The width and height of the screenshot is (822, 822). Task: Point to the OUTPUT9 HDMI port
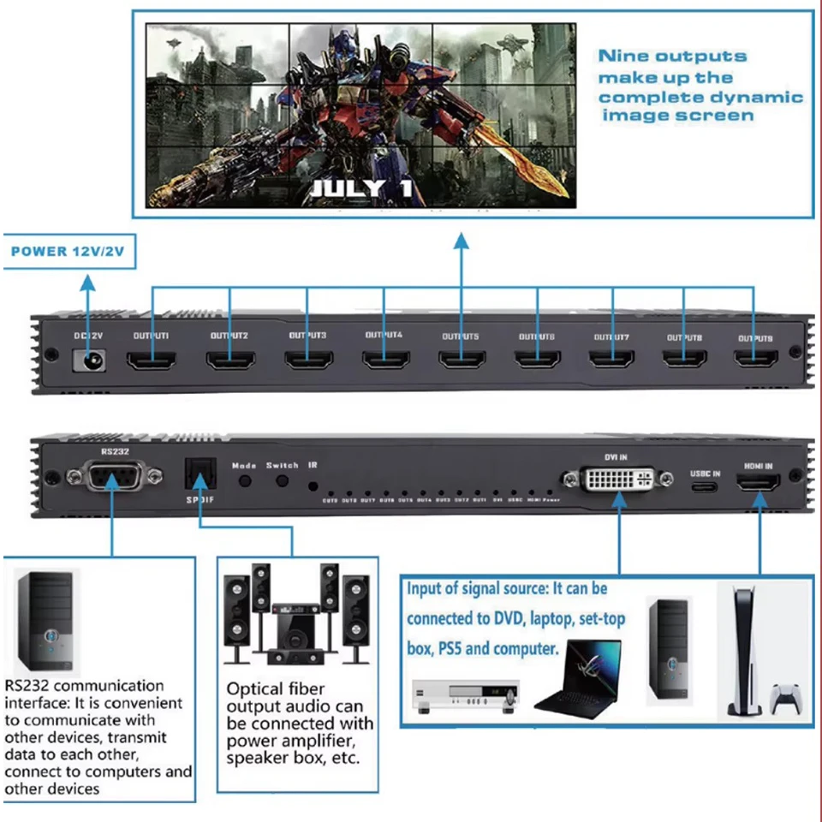coord(754,360)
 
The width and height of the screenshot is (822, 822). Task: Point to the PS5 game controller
coord(786,698)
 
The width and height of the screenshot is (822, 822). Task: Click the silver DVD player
coord(466,694)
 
